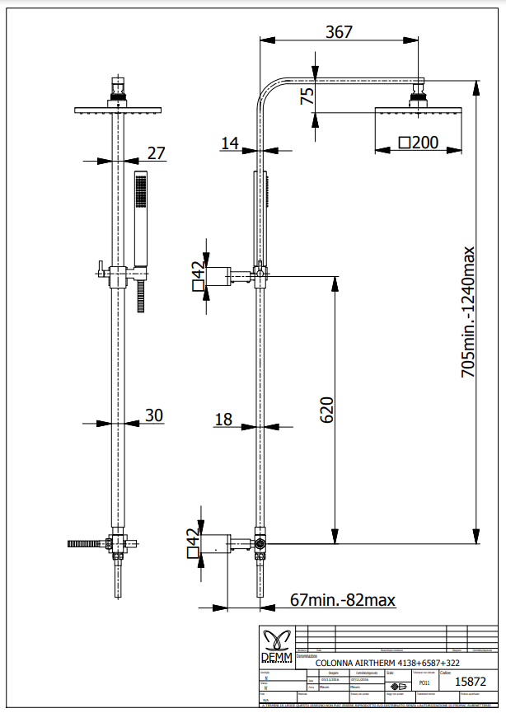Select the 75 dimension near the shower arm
click(307, 96)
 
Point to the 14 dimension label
click(229, 143)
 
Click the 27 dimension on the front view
click(156, 152)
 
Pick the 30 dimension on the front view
click(153, 415)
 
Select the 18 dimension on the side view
click(223, 420)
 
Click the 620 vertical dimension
click(326, 410)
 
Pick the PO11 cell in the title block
click(424, 683)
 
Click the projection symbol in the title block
click(398, 686)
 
